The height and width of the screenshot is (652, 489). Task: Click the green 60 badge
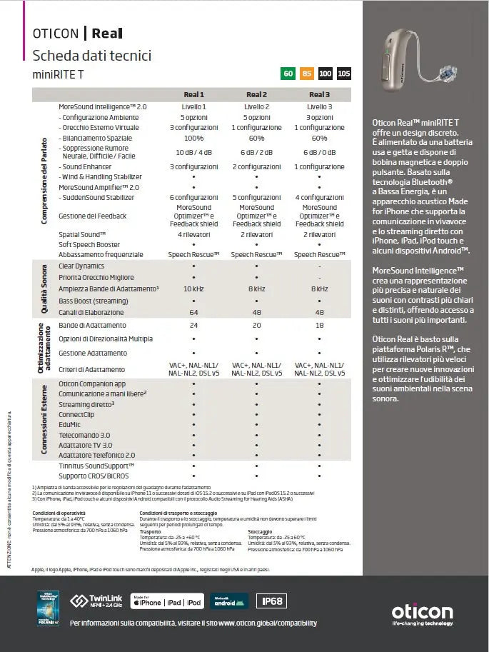[x=288, y=74]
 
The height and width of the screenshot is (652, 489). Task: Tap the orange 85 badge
[x=307, y=74]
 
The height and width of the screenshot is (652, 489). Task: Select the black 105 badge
[x=344, y=74]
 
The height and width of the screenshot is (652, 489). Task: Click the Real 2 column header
[x=256, y=94]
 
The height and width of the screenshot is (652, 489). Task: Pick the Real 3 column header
[x=319, y=94]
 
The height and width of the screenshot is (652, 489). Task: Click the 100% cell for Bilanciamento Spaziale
[x=193, y=138]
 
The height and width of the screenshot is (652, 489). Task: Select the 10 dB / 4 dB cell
[x=193, y=152]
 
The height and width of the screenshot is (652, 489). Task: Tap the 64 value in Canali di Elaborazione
[x=193, y=312]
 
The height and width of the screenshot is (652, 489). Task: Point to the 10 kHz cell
[x=193, y=289]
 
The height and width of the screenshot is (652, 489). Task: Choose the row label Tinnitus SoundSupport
[x=96, y=465]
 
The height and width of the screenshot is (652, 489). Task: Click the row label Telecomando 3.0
[x=84, y=435]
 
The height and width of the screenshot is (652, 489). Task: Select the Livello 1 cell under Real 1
[x=193, y=106]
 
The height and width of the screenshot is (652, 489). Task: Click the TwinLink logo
[x=95, y=601]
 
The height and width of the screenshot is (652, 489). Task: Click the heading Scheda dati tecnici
[x=92, y=56]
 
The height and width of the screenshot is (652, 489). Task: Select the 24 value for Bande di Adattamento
[x=193, y=325]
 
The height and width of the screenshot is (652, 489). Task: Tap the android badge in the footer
[x=229, y=601]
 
